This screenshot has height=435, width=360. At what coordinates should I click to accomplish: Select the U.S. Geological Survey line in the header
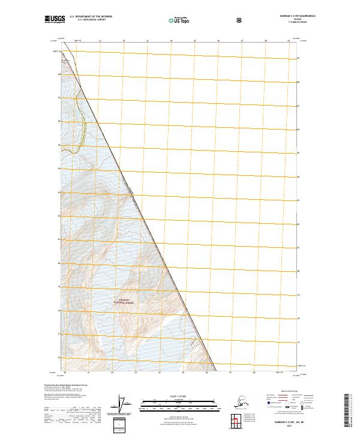pyautogui.click(x=91, y=22)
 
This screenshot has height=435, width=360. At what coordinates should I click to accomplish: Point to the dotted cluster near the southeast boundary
pyautogui.click(x=194, y=344)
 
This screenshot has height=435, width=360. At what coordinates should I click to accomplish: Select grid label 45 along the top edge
pyautogui.click(x=195, y=41)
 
